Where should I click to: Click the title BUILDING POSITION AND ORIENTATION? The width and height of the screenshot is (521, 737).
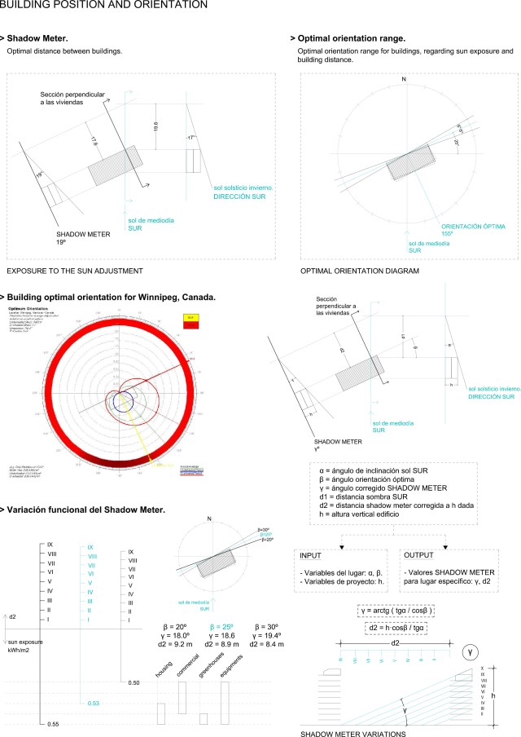[x=103, y=7]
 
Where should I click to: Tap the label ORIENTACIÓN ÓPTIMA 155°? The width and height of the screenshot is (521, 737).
[x=472, y=228]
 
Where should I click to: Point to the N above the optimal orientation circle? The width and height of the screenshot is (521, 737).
[x=404, y=80]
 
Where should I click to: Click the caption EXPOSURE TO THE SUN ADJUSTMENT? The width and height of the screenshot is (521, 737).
[x=75, y=270]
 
